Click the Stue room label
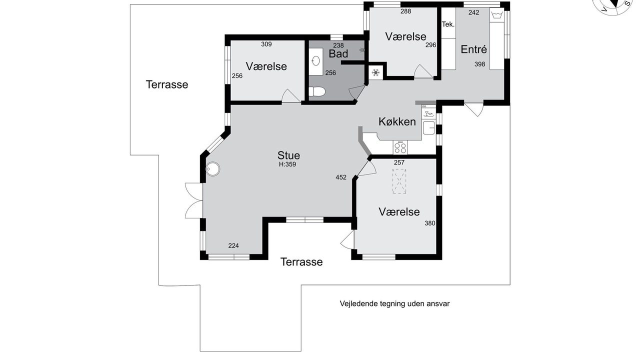point(288,155)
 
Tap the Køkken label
point(397,121)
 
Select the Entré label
point(473,49)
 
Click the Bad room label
point(338,53)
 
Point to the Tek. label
point(448,24)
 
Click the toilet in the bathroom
point(317,92)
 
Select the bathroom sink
point(315,61)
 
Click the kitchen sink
point(428,127)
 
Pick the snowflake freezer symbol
point(375,73)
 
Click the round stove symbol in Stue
point(212,169)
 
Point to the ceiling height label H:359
point(287,164)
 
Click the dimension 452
point(341,177)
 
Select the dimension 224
point(233,245)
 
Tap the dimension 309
point(266,44)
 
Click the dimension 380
point(429,223)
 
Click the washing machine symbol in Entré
point(496,14)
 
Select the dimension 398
point(479,64)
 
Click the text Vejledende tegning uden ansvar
point(394,303)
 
